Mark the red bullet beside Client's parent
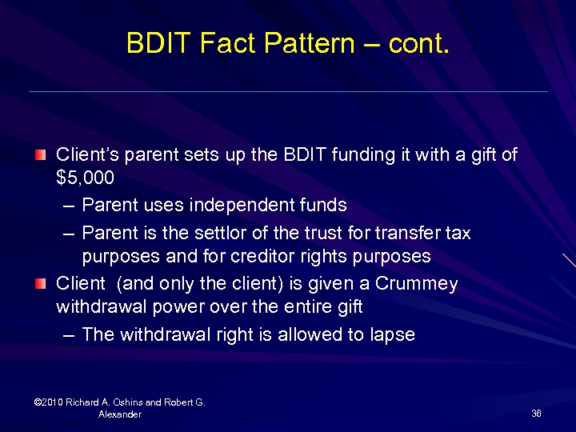pos(42,154)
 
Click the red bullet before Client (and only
pos(42,284)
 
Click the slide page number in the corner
pos(536,413)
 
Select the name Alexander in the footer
pos(120,414)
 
